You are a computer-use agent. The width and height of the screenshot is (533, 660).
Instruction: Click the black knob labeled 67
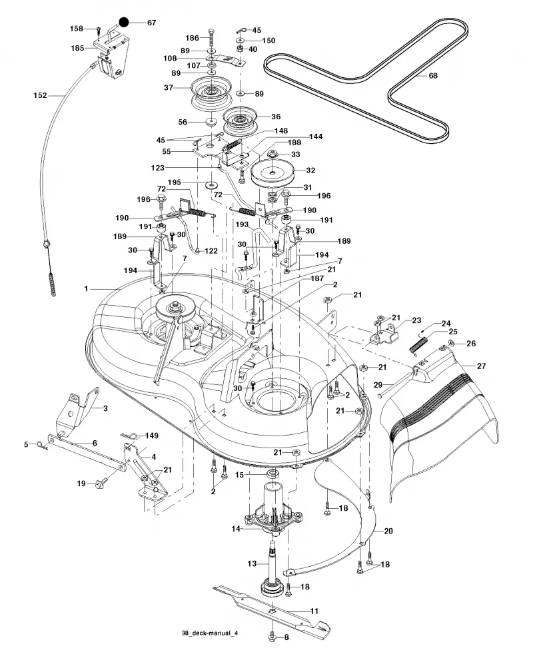click(124, 22)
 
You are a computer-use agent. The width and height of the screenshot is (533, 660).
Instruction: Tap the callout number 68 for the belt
click(433, 76)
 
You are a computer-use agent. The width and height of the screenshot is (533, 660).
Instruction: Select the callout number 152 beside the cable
click(40, 95)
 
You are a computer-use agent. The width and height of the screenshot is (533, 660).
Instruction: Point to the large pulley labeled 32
click(272, 172)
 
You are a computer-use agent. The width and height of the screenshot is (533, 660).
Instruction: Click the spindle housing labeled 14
click(274, 509)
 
